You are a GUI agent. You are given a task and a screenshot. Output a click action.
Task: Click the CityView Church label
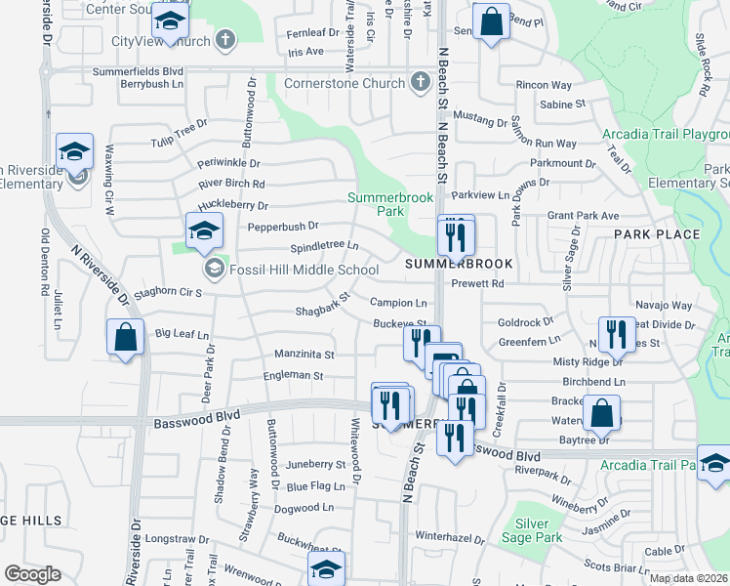point(161,41)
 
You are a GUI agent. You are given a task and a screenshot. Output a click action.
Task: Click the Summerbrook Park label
point(377,204)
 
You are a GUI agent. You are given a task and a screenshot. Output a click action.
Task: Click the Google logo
point(32,574)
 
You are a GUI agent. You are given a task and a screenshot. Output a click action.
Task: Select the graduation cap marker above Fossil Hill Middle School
point(204,231)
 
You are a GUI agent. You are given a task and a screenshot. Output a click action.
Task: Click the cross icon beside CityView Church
point(225,41)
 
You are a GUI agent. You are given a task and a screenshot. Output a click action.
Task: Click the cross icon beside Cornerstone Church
point(421,82)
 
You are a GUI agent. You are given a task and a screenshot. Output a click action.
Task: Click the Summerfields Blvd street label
point(139,71)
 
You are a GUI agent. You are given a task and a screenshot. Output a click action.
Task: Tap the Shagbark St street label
point(323,306)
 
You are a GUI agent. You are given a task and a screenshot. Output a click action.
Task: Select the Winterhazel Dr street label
point(450,537)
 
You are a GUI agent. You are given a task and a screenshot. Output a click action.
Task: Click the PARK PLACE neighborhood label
point(657,234)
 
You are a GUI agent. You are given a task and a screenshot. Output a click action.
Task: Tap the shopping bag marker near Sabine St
point(491,21)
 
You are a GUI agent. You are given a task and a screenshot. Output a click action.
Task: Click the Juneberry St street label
point(315,465)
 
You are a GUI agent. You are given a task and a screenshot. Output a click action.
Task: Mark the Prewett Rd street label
point(477,284)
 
